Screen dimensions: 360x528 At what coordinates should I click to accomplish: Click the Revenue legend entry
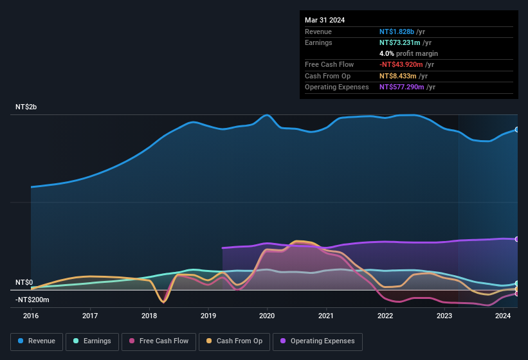[x=37, y=341]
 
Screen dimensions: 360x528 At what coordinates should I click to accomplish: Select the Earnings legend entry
[x=93, y=341]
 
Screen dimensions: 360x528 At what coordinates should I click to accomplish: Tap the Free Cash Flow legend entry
[x=159, y=341]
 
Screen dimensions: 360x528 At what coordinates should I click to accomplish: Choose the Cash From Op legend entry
[x=234, y=341]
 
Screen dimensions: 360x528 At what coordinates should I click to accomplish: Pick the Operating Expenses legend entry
[x=318, y=341]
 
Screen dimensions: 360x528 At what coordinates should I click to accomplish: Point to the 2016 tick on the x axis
[x=31, y=316]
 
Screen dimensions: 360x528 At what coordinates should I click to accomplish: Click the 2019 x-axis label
[x=208, y=316]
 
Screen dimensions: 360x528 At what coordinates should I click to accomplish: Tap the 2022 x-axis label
[x=385, y=316]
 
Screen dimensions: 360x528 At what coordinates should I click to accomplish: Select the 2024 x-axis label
[x=503, y=316]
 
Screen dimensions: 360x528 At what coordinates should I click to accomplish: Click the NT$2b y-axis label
[x=26, y=107]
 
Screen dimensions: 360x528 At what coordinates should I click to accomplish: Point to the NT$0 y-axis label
[x=24, y=282]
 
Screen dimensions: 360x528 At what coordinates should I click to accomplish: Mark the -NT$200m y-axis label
[x=32, y=300]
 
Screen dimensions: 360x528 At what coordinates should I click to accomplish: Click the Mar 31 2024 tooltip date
[x=325, y=20]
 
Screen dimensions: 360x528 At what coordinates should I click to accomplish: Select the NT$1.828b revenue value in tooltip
[x=397, y=32]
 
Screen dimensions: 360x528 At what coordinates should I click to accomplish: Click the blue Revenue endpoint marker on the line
[x=517, y=129]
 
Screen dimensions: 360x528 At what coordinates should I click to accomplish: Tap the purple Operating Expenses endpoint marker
[x=517, y=239]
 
